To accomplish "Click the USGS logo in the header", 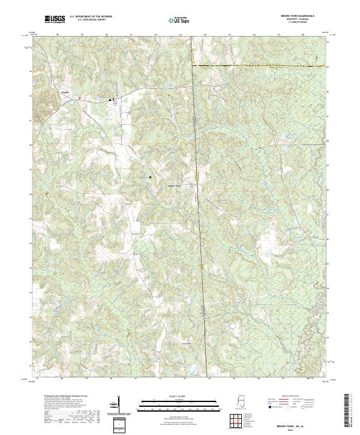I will pyautogui.click(x=55, y=20).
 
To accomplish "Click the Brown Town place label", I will pyautogui.click(x=174, y=185).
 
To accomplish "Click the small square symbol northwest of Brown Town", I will pyautogui.click(x=150, y=177).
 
